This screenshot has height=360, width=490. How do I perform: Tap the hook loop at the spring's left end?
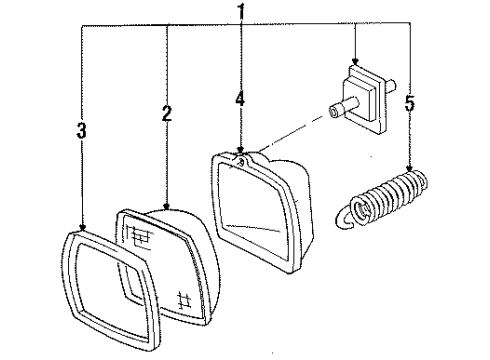(346, 212)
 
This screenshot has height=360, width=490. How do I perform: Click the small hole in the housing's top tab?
(241, 155)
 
